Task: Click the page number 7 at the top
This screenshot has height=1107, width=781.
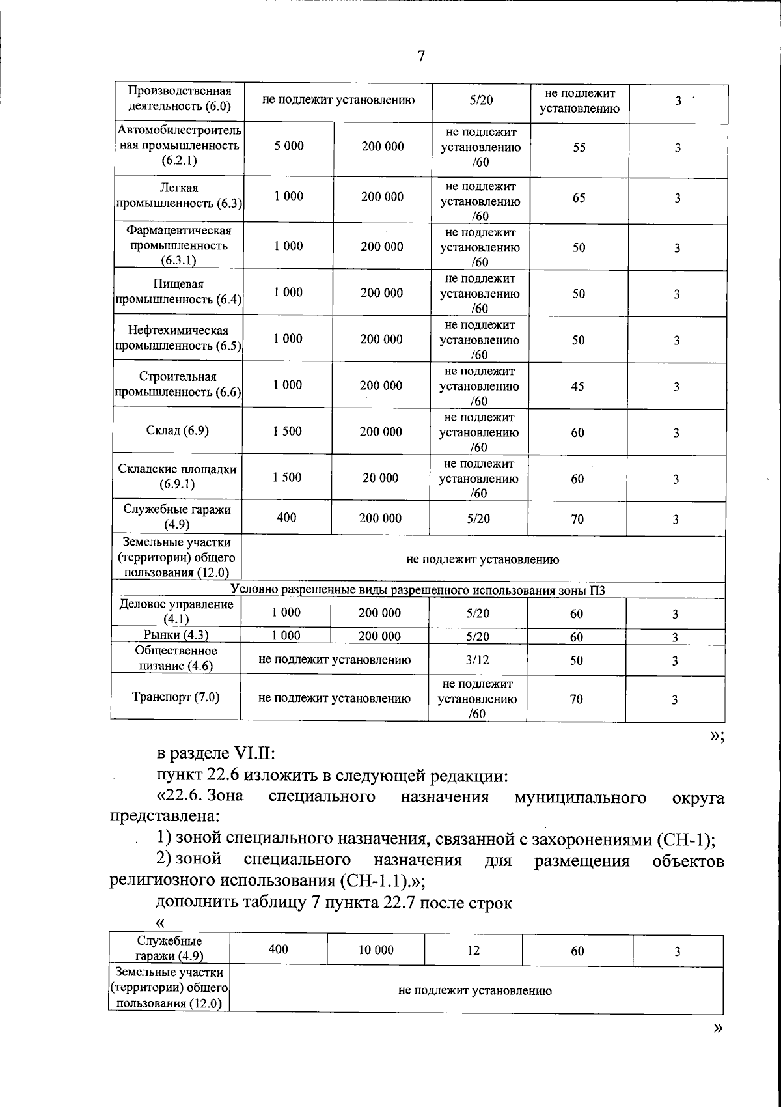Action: click(420, 56)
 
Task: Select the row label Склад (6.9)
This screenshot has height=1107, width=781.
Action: click(178, 430)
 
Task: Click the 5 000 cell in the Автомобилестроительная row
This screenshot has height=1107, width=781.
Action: click(289, 146)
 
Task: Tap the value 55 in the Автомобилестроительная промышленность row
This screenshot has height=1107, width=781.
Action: click(579, 148)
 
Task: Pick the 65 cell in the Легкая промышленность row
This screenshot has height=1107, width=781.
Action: click(579, 197)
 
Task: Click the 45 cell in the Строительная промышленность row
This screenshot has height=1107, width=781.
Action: click(577, 386)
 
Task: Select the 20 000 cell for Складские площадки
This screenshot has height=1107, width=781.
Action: click(380, 478)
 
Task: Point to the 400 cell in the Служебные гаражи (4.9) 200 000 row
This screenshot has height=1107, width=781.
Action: click(286, 518)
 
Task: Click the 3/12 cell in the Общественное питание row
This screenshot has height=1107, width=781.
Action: click(478, 660)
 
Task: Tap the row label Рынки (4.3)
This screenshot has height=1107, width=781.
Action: click(176, 635)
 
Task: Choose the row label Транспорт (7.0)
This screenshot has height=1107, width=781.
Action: click(176, 697)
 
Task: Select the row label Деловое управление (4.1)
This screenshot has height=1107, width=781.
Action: click(176, 611)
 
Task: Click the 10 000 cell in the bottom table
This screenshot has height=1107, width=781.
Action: click(376, 950)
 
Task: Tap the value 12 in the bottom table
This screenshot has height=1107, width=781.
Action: click(473, 950)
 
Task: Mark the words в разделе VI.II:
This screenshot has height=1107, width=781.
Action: click(216, 754)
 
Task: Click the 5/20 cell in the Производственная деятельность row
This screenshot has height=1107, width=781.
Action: click(481, 100)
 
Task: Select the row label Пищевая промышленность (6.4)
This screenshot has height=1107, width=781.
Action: click(178, 292)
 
